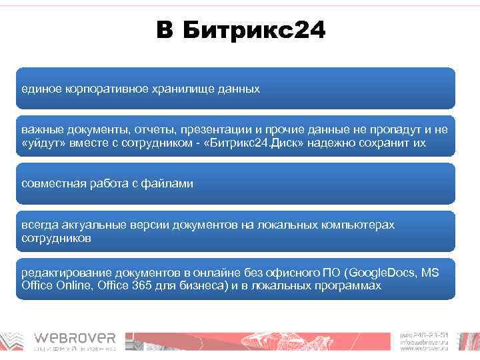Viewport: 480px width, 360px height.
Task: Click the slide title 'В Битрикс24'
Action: pos(241,30)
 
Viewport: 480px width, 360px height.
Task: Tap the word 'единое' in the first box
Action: pos(38,89)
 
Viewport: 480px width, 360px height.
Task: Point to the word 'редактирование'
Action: pos(62,273)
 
